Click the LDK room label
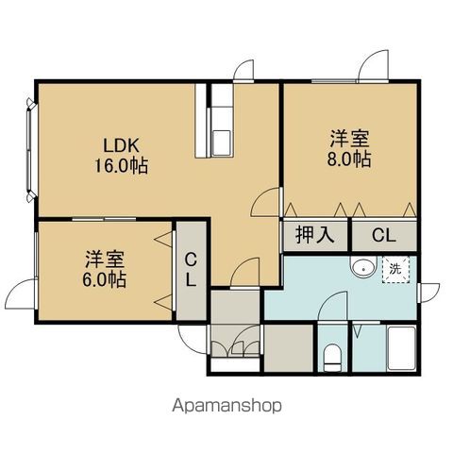point(122,145)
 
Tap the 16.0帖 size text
point(122,165)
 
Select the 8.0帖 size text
point(349,159)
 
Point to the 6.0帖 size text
point(105,279)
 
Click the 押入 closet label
point(315,235)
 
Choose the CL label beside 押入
point(384,235)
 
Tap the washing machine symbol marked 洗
point(395,269)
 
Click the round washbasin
point(363,269)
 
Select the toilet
point(332,358)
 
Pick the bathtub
point(402,348)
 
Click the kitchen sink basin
point(222,143)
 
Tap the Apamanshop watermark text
point(226,406)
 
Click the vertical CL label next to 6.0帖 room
point(191,270)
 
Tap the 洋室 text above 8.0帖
point(349,139)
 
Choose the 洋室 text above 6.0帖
point(105,259)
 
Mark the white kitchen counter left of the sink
point(201,121)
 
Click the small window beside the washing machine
point(419,293)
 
